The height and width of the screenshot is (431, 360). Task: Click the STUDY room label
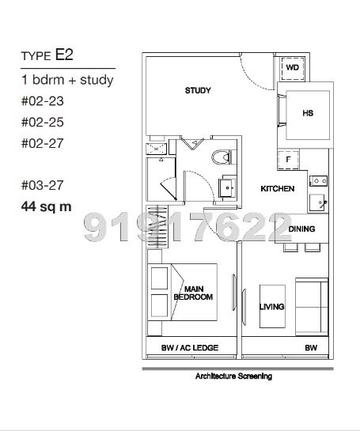198,90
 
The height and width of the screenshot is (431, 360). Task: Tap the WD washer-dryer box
293,69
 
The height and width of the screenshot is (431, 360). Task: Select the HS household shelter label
308,113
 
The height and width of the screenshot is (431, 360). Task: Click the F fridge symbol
288,160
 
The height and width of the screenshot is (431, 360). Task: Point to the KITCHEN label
278,188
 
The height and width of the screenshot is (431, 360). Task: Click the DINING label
301,229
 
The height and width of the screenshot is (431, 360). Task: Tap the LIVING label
271,307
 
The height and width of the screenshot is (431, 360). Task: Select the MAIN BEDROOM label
193,293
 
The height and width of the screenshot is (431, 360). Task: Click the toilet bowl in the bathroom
224,157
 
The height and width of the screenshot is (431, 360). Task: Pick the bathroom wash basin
227,187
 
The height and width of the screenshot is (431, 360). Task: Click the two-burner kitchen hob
319,181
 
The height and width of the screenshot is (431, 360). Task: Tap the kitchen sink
318,203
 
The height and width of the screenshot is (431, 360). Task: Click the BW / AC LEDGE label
190,348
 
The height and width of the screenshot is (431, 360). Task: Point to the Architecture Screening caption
233,376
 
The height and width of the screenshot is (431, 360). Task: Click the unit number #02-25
43,122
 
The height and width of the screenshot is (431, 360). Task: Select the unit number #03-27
43,185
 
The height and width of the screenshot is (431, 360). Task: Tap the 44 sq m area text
46,206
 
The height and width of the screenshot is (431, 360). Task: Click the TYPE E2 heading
47,55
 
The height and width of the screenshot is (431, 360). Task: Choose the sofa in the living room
312,307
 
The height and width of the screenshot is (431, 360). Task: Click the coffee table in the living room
272,306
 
